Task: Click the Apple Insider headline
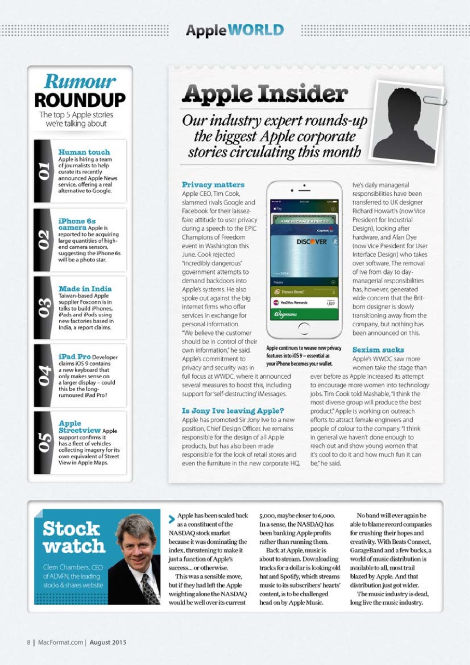[x=264, y=95]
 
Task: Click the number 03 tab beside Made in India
[x=44, y=307]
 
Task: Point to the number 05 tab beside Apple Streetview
[x=44, y=442]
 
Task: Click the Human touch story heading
[x=84, y=152]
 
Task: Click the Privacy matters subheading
[x=213, y=184]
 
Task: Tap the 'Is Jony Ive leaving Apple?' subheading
[x=233, y=411]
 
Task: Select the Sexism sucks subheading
[x=378, y=350]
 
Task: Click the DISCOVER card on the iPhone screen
[x=312, y=242]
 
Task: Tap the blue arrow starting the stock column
[x=171, y=518]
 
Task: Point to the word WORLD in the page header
[x=258, y=30]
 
